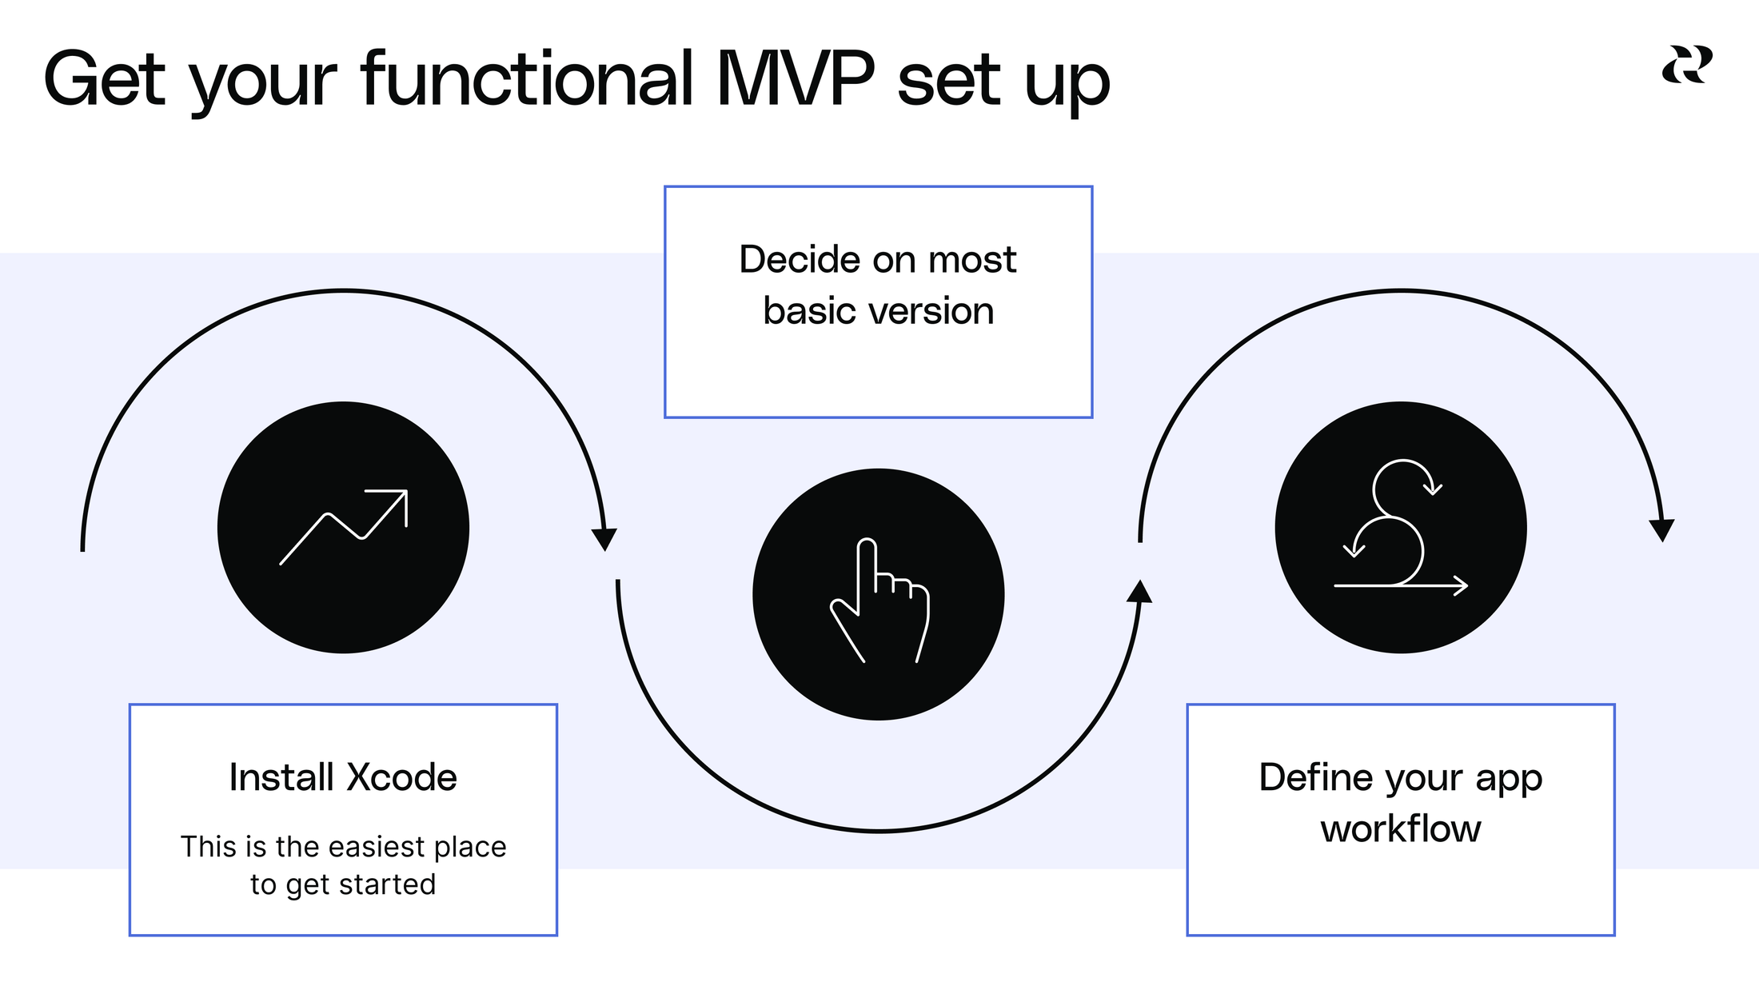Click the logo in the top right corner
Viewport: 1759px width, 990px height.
point(1687,65)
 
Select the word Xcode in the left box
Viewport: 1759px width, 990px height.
point(402,777)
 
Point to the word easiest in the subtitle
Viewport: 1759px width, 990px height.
point(376,847)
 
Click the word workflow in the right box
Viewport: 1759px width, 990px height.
point(1401,828)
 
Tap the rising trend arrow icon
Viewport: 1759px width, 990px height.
point(344,527)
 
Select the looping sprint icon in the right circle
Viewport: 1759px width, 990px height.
point(1401,527)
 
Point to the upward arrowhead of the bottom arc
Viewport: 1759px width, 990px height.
point(1139,592)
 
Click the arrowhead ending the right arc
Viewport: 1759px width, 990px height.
point(1661,530)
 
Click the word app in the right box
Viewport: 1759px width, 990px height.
point(1508,777)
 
